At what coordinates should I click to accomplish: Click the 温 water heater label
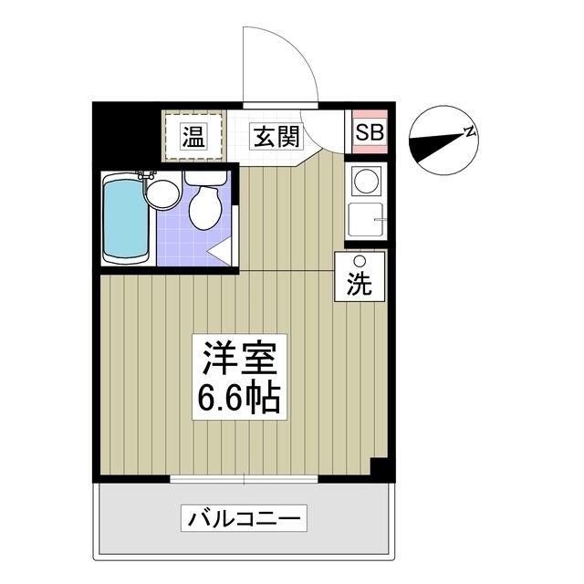coord(193,137)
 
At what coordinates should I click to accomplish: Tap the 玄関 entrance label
coord(276,137)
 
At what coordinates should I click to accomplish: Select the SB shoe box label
coord(370,132)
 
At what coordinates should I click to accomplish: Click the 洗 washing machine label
coord(360,284)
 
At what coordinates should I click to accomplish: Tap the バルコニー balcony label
coord(245,519)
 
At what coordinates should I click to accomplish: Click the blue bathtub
coord(125,219)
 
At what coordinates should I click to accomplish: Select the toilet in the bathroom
coord(205,206)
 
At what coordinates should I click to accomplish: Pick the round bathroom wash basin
coord(162,193)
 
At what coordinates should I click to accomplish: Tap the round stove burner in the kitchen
coord(366,181)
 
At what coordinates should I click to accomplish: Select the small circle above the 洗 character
coord(360,262)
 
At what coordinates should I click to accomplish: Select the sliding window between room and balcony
coord(245,478)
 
